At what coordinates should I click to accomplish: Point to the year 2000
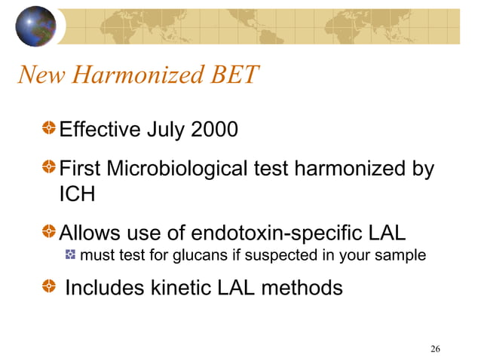point(213,131)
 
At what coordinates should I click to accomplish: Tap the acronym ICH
point(77,194)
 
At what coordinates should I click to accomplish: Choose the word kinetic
point(178,288)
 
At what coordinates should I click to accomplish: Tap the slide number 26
point(435,348)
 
